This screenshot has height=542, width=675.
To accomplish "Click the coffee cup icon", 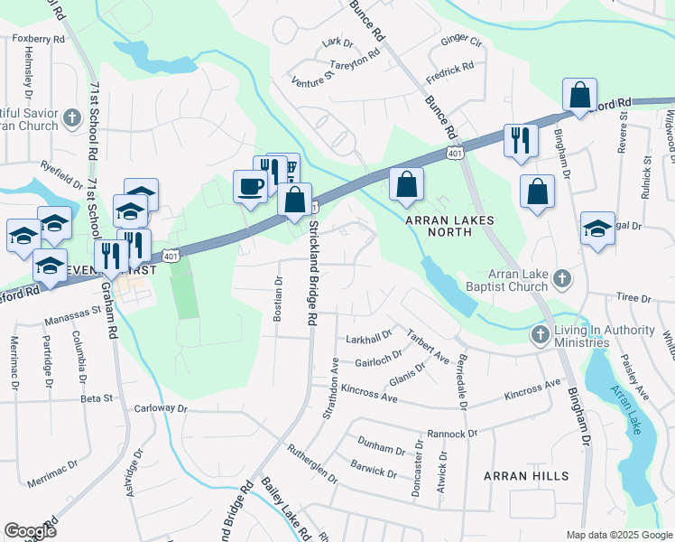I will pyautogui.click(x=250, y=187).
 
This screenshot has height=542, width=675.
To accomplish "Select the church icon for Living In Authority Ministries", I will pyautogui.click(x=540, y=334).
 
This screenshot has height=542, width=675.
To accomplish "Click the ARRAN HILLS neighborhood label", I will pyautogui.click(x=526, y=476).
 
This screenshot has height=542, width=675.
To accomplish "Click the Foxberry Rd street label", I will pyautogui.click(x=38, y=40).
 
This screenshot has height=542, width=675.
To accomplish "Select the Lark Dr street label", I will pyautogui.click(x=337, y=42).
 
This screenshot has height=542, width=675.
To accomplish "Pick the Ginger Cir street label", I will pyautogui.click(x=461, y=42).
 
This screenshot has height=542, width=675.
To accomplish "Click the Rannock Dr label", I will pyautogui.click(x=451, y=434).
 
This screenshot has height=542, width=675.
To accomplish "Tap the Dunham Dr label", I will pyautogui.click(x=381, y=449).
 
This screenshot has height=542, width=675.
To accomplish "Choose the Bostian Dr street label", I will pyautogui.click(x=279, y=298).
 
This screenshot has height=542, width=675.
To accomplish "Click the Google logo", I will pyautogui.click(x=30, y=531).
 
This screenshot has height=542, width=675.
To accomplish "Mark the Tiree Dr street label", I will pyautogui.click(x=633, y=297).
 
